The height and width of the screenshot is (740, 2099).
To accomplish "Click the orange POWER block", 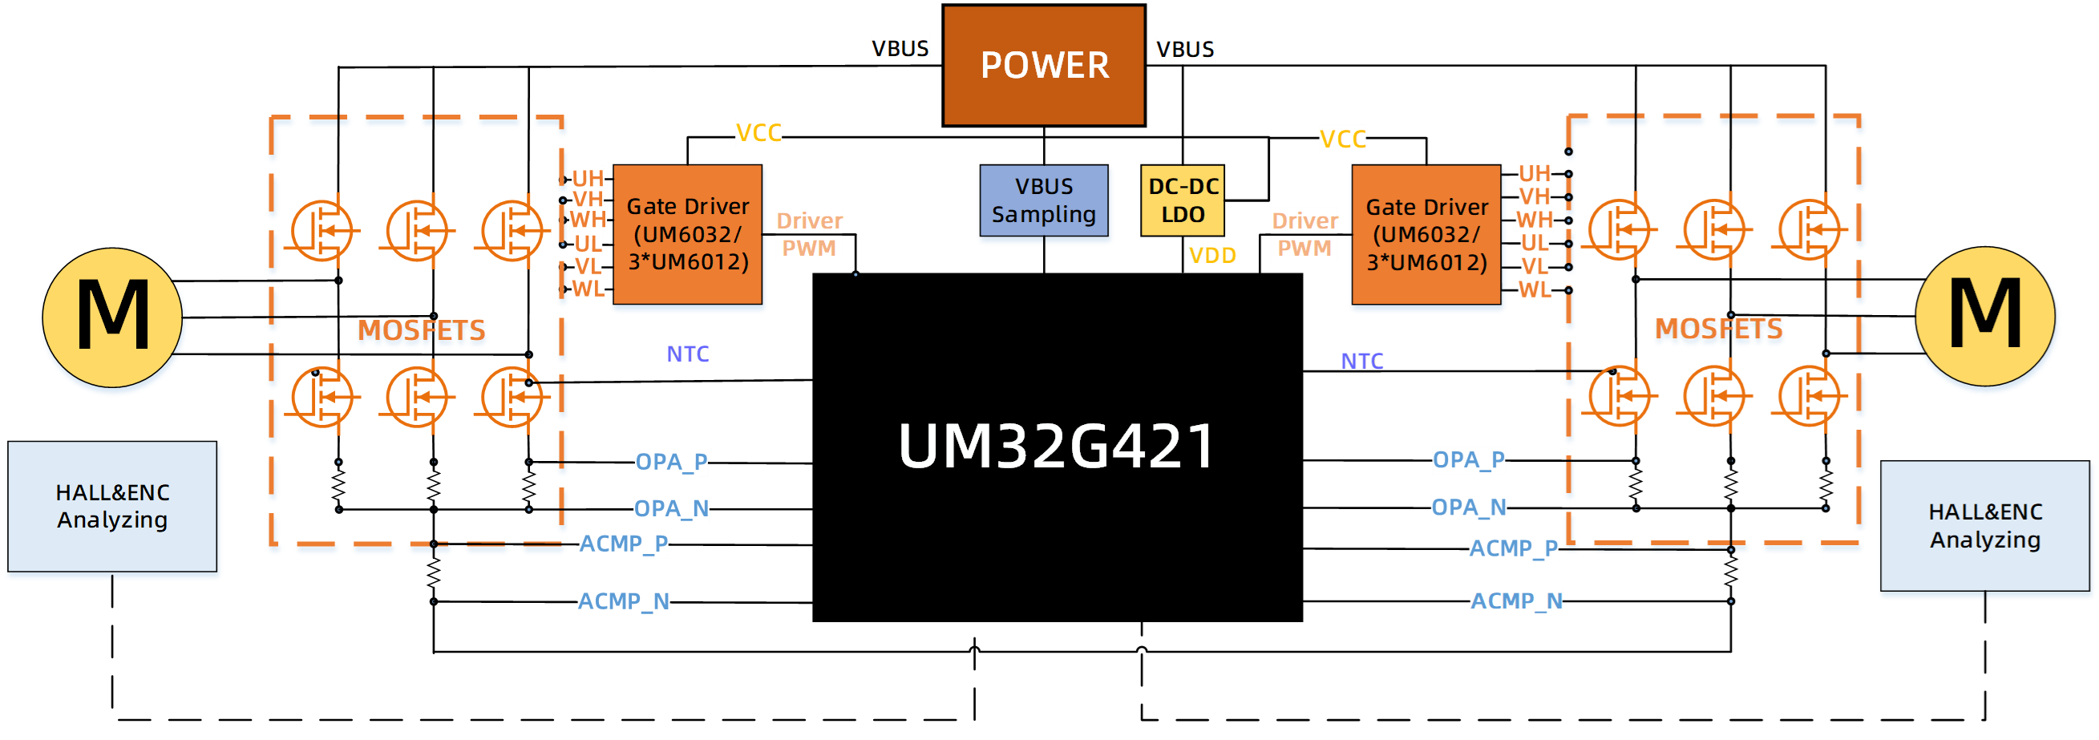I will (x=1044, y=65).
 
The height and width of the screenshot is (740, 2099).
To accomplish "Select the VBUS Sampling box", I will (x=1044, y=201).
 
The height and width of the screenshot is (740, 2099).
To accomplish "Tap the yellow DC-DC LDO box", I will (x=1183, y=200).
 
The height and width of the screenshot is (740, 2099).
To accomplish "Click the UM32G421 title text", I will (x=1057, y=446).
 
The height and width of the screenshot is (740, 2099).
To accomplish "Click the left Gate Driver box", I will (x=688, y=235).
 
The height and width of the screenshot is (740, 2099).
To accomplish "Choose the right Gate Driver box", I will (x=1427, y=235).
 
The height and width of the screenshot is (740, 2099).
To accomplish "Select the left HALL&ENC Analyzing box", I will (x=112, y=506).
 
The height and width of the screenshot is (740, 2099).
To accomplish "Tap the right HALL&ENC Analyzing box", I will (x=1985, y=527).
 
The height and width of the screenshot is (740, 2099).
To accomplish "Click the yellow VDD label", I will (x=1212, y=256).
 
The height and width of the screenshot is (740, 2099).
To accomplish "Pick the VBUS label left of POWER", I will (x=900, y=49).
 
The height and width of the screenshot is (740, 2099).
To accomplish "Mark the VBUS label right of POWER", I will (x=1186, y=50).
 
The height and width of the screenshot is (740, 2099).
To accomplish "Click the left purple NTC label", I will (x=688, y=354).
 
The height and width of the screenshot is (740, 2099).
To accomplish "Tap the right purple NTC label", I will (x=1362, y=361).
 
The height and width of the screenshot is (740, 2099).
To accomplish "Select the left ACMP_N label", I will (x=624, y=601).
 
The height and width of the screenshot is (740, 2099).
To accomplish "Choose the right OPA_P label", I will (x=1468, y=460).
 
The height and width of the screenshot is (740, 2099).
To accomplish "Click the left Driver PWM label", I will (x=808, y=235).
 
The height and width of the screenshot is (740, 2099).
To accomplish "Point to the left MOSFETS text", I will (x=422, y=332).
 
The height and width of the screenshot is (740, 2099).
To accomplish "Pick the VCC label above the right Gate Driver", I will (x=1343, y=140).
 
